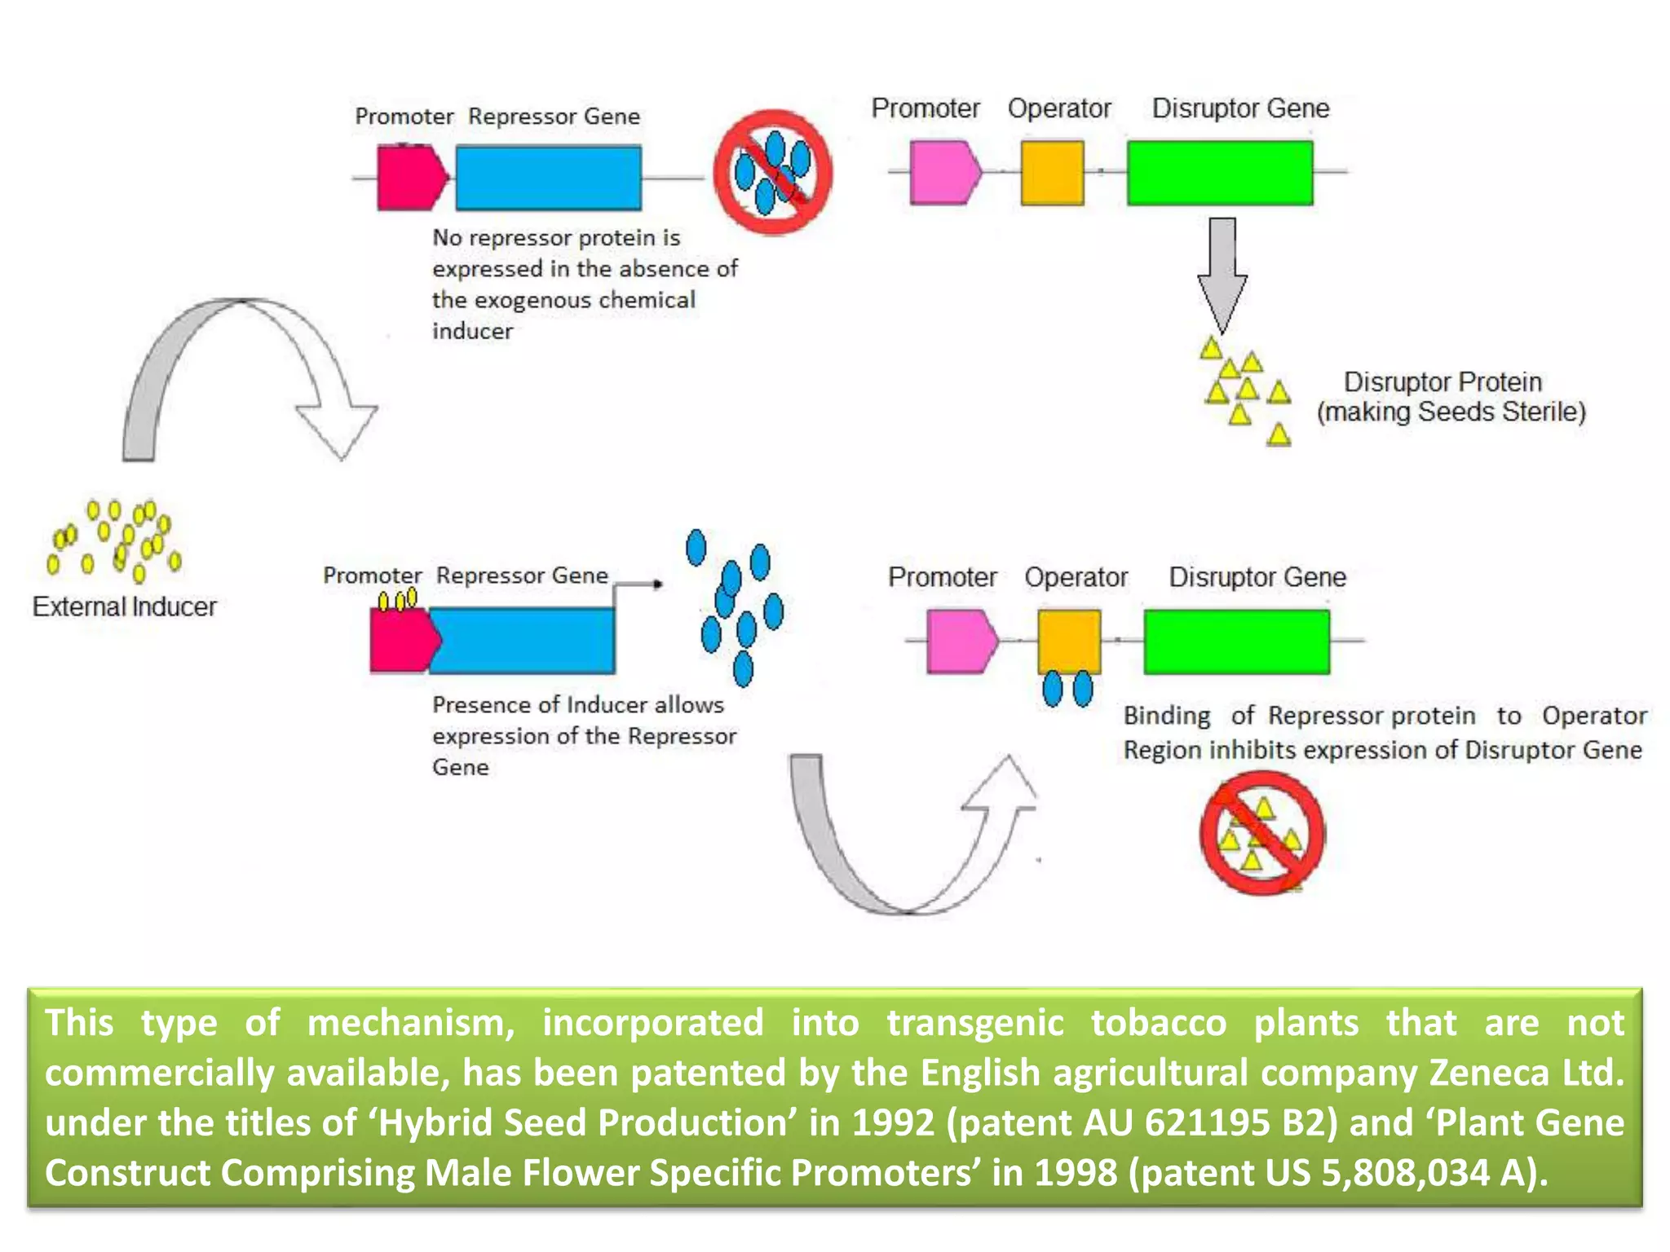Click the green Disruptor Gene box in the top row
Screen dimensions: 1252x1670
coord(1220,173)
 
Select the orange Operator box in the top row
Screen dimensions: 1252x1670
coord(1052,173)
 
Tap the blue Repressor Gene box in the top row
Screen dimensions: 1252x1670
coord(548,178)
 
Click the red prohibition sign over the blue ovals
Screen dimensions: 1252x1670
coord(772,173)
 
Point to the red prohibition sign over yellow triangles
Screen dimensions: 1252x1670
coord(1261,833)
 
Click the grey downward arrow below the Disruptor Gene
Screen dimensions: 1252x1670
coord(1222,274)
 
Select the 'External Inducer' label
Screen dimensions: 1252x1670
coord(124,606)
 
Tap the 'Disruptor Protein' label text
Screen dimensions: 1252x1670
coord(1442,381)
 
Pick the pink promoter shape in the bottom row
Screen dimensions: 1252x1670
coord(961,641)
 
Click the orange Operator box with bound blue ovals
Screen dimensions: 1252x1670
coord(1069,641)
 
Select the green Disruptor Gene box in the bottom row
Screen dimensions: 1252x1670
coord(1236,641)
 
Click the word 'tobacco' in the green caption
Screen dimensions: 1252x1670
coord(1158,1023)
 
